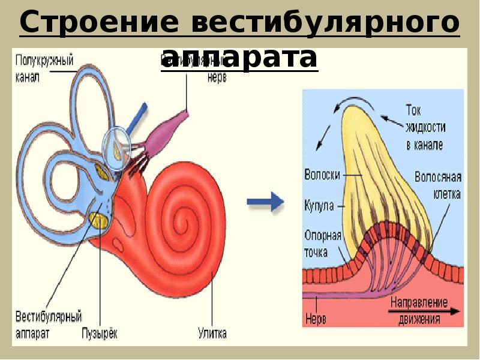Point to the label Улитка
pyautogui.click(x=212, y=334)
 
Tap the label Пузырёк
pyautogui.click(x=99, y=334)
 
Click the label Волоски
pyautogui.click(x=322, y=175)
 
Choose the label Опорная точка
pyautogui.click(x=323, y=244)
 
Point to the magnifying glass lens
pyautogui.click(x=118, y=145)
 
